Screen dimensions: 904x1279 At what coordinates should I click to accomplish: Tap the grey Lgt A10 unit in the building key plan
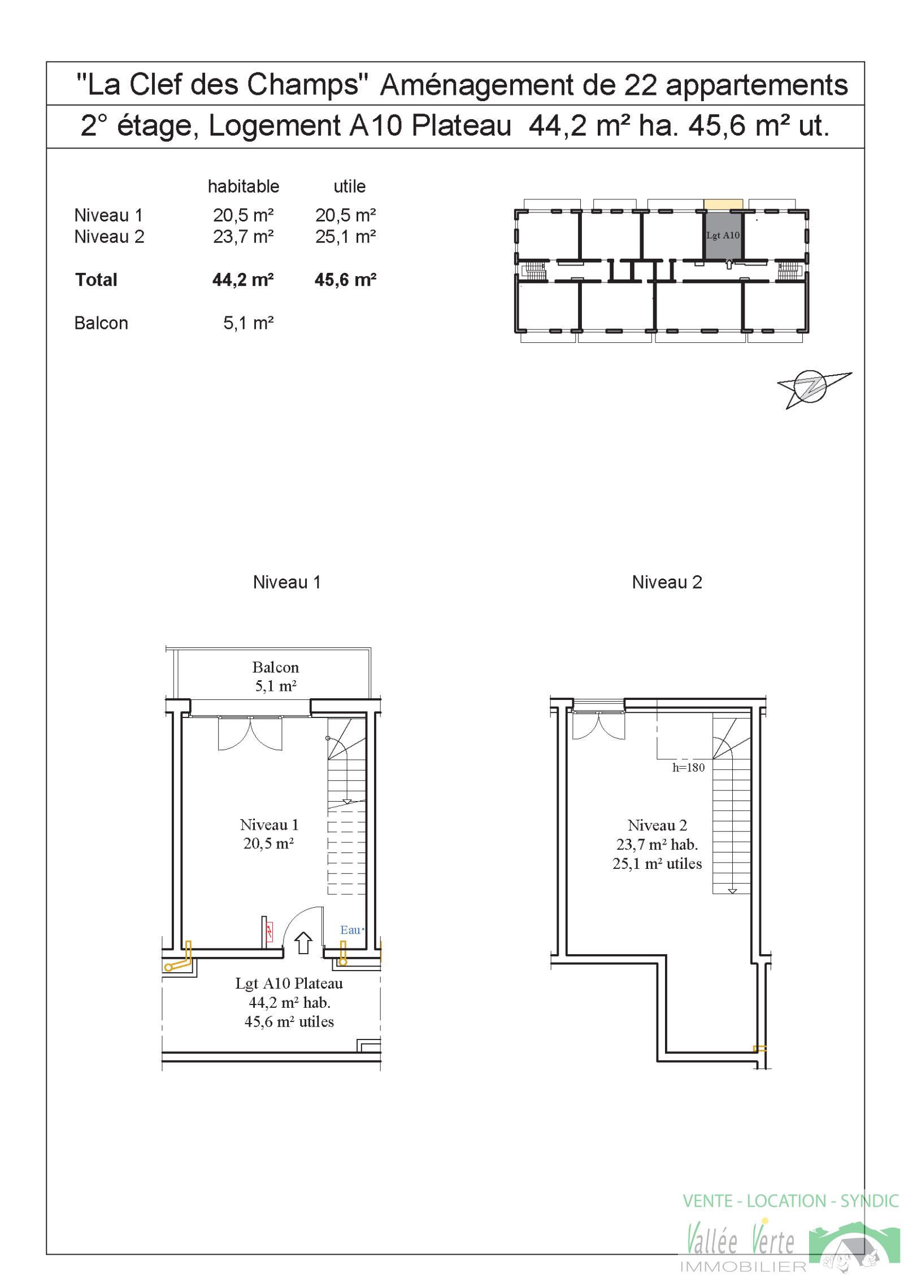point(723,235)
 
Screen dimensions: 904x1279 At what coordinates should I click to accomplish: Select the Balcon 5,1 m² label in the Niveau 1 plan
point(275,676)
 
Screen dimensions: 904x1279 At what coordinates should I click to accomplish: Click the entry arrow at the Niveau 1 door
point(303,943)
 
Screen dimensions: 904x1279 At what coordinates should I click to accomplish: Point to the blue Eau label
point(350,930)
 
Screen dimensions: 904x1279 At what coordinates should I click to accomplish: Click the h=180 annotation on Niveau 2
point(688,767)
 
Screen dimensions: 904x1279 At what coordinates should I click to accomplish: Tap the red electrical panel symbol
point(270,932)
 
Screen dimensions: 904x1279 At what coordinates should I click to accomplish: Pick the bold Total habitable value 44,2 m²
point(243,280)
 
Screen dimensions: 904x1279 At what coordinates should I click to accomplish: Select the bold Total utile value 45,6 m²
point(345,280)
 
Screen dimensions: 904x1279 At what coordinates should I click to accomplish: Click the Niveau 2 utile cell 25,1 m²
point(345,237)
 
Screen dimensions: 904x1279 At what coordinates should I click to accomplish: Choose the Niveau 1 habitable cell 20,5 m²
point(243,215)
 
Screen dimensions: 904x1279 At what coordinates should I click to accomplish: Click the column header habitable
point(244,186)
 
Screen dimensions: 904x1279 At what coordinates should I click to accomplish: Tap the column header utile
point(349,186)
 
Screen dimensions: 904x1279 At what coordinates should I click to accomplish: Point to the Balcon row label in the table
point(101,323)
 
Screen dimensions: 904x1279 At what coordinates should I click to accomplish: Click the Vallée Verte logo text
point(740,1241)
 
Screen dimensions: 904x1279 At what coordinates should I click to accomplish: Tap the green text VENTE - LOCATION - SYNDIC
point(790,1201)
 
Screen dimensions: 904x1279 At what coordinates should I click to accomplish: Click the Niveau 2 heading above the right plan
point(667,582)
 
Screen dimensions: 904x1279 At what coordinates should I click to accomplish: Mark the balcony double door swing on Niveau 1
point(250,734)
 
